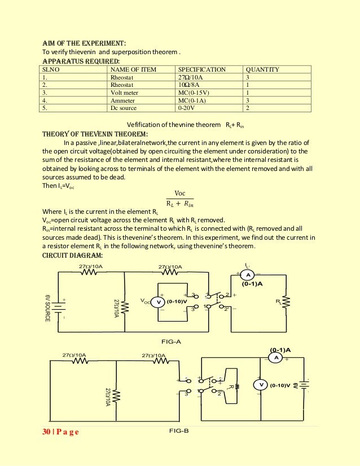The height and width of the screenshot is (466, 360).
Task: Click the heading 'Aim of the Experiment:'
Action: [x=84, y=43]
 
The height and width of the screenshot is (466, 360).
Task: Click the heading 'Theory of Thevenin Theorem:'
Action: [x=95, y=134]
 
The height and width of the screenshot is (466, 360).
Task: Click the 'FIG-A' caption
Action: [x=171, y=342]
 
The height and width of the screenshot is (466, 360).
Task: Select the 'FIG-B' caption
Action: [x=178, y=431]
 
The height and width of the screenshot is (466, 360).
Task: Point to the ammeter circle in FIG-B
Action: [x=276, y=358]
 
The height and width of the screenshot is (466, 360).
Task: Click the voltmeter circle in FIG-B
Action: [x=261, y=385]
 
